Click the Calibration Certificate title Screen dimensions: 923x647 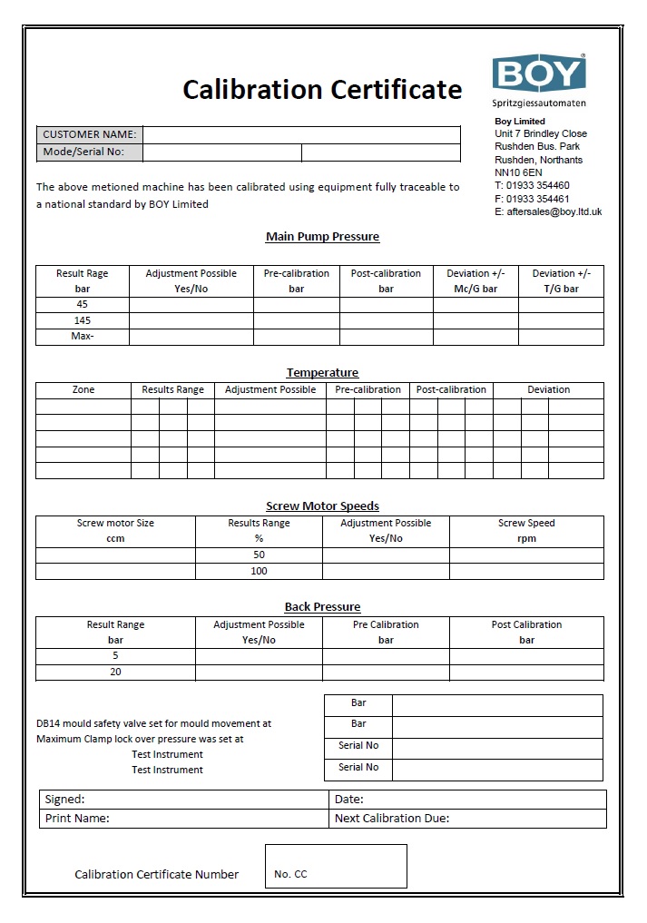(x=322, y=90)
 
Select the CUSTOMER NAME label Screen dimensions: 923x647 (x=90, y=134)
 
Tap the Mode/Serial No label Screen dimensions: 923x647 (x=83, y=152)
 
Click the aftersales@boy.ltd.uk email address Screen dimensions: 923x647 (x=548, y=211)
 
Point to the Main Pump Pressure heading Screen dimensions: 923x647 (x=322, y=237)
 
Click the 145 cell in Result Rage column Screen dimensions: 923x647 (x=83, y=320)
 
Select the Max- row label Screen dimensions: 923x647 (x=83, y=337)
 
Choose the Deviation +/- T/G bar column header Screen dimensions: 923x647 (x=561, y=280)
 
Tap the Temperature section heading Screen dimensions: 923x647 (x=322, y=372)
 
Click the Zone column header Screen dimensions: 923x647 (x=83, y=389)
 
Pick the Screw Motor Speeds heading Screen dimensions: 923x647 (x=322, y=506)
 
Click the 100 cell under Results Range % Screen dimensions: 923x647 (x=260, y=571)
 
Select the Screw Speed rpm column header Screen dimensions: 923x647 (x=526, y=530)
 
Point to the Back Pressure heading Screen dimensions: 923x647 (x=322, y=606)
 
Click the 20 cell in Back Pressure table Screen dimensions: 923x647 (x=115, y=672)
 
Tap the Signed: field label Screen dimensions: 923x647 (x=64, y=800)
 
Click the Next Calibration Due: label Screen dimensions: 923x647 (x=392, y=818)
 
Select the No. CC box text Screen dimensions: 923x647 (x=290, y=874)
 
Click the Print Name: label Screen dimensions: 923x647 (x=77, y=818)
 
